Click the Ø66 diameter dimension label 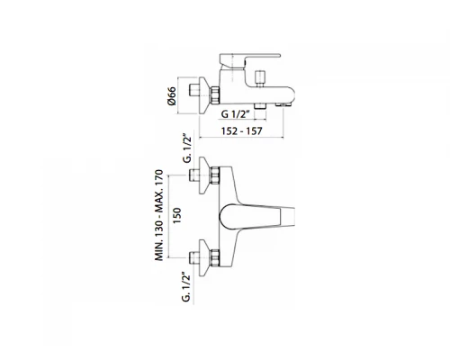(x=172, y=96)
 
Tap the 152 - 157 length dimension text (x=241, y=131)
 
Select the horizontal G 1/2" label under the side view (x=236, y=114)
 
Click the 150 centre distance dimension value (x=177, y=215)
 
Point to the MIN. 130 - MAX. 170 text (x=159, y=215)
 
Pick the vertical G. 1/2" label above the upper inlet (x=187, y=148)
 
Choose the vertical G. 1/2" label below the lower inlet (x=186, y=287)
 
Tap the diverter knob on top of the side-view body (x=259, y=78)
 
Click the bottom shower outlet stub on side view (x=260, y=106)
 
